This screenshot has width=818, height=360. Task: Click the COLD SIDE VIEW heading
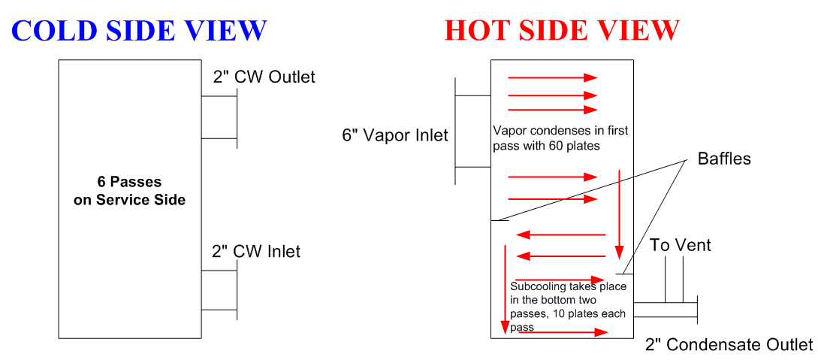pyautogui.click(x=139, y=30)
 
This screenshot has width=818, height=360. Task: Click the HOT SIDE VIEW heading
pyautogui.click(x=562, y=30)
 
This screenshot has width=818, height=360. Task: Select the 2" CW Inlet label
pyautogui.click(x=255, y=251)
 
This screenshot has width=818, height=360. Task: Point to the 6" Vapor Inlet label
pyautogui.click(x=395, y=135)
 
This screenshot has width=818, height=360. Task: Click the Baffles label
pyautogui.click(x=724, y=159)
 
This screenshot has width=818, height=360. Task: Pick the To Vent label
pyautogui.click(x=680, y=245)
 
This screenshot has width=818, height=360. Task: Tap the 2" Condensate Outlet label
pyautogui.click(x=729, y=344)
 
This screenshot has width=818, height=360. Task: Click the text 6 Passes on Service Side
pyautogui.click(x=129, y=192)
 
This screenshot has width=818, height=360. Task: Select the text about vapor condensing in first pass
pyautogui.click(x=560, y=138)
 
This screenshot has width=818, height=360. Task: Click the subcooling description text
pyautogui.click(x=568, y=307)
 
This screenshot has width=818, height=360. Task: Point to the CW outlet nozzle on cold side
pyautogui.click(x=219, y=117)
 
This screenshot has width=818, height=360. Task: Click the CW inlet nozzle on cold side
pyautogui.click(x=219, y=291)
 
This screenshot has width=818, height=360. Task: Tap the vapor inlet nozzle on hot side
pyautogui.click(x=473, y=131)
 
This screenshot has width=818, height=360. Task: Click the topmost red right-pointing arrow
pyautogui.click(x=552, y=77)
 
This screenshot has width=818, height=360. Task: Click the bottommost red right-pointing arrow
pyautogui.click(x=563, y=332)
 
